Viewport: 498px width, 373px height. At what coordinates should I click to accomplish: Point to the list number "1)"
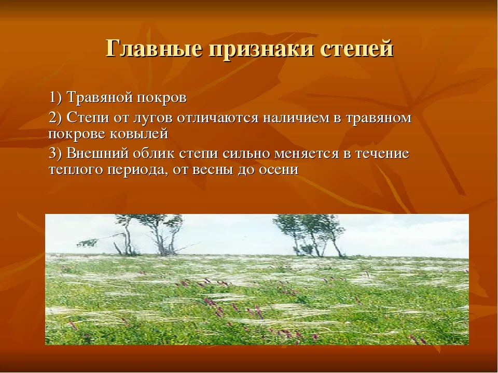point(56,97)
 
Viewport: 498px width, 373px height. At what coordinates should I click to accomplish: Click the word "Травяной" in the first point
point(100,97)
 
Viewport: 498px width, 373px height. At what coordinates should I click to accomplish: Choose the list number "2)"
point(56,118)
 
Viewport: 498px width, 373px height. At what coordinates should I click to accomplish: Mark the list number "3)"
point(56,153)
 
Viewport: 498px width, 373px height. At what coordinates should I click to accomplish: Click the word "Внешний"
point(98,153)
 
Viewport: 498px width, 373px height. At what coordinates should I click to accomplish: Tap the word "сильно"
point(245,153)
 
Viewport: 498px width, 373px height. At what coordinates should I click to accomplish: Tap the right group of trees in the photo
point(310,235)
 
